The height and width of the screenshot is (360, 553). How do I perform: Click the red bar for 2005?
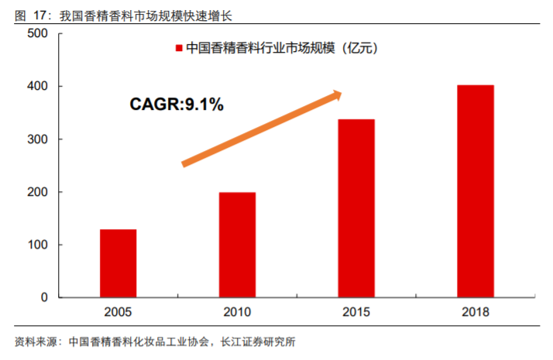coord(118,263)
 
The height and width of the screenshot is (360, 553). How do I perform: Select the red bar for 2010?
coord(237,245)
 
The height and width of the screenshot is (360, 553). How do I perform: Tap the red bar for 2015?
coord(356,208)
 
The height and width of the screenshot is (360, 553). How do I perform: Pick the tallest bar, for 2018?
coord(476,191)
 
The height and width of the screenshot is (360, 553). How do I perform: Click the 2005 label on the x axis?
coord(118,312)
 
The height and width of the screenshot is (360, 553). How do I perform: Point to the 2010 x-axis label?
coord(237,312)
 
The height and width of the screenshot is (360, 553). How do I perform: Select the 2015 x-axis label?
coord(356,312)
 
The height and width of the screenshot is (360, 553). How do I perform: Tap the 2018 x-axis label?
coord(476,312)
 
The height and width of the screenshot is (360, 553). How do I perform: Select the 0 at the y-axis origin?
coord(44,297)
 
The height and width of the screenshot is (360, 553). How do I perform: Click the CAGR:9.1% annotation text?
coord(176,105)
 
